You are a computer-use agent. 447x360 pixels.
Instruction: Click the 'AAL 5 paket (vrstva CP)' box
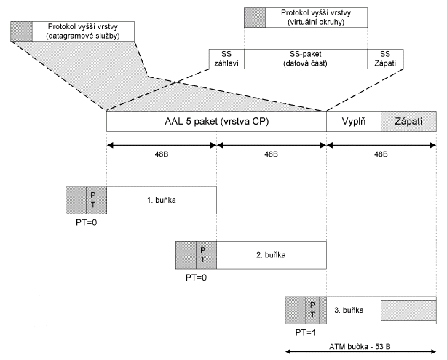point(216,121)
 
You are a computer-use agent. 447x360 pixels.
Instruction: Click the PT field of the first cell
point(92,199)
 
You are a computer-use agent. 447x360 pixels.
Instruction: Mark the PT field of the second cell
point(202,255)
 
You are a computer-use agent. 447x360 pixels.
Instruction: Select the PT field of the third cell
point(312,310)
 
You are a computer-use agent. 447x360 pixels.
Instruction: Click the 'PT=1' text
point(306,333)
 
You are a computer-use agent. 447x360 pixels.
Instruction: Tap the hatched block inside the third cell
point(408,311)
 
